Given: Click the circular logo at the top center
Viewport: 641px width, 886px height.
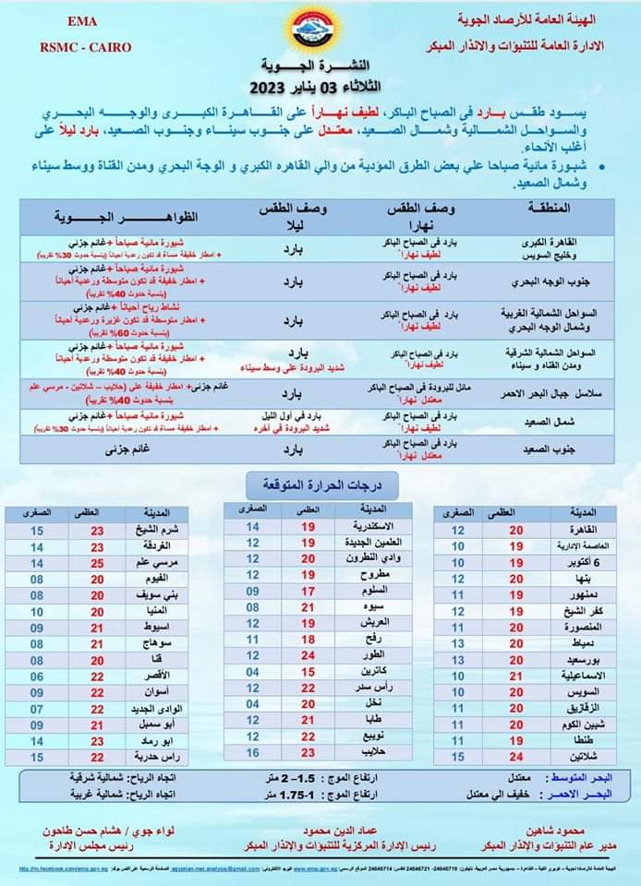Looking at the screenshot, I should (x=321, y=32).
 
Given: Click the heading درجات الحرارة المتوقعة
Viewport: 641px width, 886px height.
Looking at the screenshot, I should (x=320, y=484).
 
